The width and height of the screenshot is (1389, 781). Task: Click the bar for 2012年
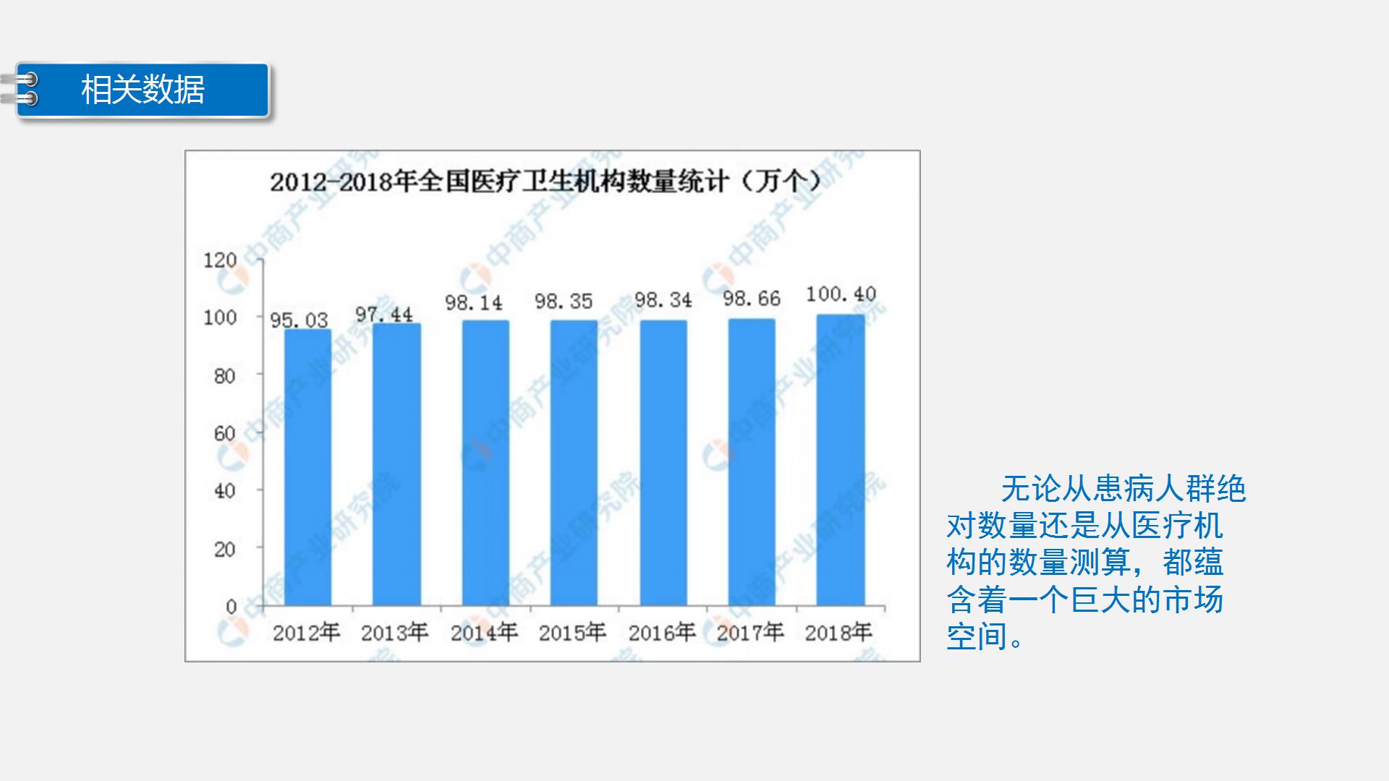click(x=307, y=467)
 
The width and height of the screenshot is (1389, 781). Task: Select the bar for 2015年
click(x=574, y=463)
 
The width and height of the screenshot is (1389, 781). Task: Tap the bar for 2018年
click(x=840, y=460)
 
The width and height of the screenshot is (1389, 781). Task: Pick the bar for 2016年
click(x=663, y=463)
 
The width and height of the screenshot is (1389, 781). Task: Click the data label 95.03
click(x=299, y=320)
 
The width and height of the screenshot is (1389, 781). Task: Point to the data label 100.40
click(x=841, y=294)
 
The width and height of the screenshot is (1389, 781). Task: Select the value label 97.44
click(x=383, y=315)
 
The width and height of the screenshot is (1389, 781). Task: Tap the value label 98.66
click(x=752, y=299)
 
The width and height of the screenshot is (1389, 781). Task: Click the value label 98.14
click(x=473, y=302)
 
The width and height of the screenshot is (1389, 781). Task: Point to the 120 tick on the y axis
click(x=220, y=260)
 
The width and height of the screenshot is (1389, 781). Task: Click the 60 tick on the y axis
click(x=224, y=433)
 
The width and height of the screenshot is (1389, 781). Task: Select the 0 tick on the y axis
click(x=231, y=606)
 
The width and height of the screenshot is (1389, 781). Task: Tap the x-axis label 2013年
click(x=394, y=633)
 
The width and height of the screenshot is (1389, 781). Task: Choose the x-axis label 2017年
click(x=750, y=633)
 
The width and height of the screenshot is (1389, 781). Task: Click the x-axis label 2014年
click(x=484, y=633)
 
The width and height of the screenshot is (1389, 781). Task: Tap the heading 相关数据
click(x=143, y=90)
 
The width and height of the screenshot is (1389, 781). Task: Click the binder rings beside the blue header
click(x=22, y=89)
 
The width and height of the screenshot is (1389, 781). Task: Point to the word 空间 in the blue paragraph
click(x=977, y=636)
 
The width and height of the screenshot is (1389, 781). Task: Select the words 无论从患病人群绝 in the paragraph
click(x=1123, y=489)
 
